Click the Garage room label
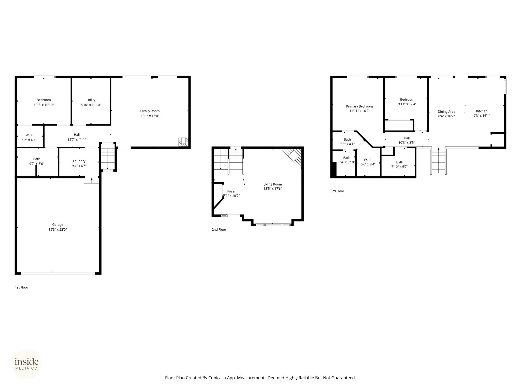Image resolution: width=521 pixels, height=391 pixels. (x=58, y=225)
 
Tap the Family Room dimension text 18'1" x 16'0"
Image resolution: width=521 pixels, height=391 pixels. (x=150, y=116)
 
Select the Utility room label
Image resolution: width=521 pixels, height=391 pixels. (x=91, y=100)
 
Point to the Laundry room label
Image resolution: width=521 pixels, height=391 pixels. (x=79, y=161)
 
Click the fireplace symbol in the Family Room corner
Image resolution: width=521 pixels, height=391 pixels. (x=183, y=142)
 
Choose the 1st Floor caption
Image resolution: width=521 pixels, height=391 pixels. (x=22, y=287)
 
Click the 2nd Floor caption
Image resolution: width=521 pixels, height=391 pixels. (x=219, y=229)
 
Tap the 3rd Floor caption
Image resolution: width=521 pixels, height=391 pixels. (x=337, y=191)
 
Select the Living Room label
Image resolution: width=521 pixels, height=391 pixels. (x=273, y=184)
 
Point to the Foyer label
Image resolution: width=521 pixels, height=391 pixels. (x=231, y=191)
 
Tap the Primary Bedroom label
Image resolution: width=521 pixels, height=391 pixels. (x=359, y=106)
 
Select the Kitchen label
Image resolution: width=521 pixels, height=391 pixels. (x=482, y=111)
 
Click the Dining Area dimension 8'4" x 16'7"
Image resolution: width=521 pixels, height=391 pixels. (x=446, y=116)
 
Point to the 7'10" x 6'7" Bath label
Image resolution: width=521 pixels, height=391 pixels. (x=400, y=167)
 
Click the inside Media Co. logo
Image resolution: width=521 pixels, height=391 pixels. (x=27, y=364)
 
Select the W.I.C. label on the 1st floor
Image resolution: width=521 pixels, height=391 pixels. (x=30, y=135)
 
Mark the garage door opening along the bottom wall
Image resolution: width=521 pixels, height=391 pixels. (x=58, y=273)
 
